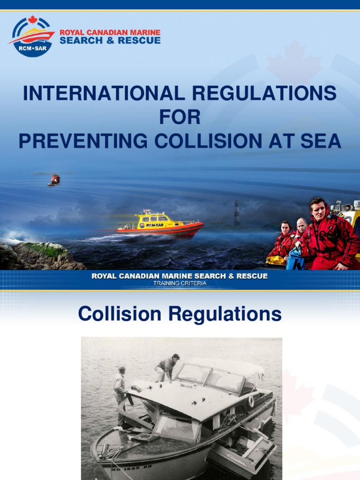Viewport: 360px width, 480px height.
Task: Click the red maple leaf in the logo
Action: click(x=32, y=20)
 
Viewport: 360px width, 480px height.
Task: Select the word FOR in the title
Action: click(x=180, y=117)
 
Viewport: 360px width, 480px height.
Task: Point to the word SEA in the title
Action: click(x=320, y=141)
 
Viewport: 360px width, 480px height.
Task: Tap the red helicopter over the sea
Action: click(x=54, y=180)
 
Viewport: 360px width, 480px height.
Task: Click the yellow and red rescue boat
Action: click(x=159, y=224)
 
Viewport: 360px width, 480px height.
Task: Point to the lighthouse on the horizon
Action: click(x=237, y=213)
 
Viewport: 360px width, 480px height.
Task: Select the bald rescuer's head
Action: click(x=301, y=225)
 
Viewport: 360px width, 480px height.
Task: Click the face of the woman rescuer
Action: click(x=285, y=228)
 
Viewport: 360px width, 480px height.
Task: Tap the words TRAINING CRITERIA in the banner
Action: click(x=180, y=283)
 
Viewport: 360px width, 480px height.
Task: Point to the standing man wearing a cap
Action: click(x=121, y=389)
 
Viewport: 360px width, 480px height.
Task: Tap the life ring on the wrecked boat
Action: click(x=251, y=401)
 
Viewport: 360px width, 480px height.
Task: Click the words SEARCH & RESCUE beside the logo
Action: click(x=110, y=40)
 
